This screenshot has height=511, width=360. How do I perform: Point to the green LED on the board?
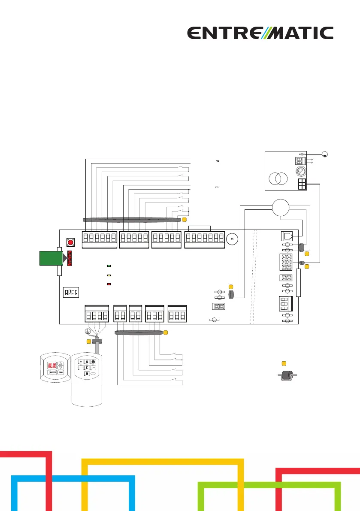click(x=109, y=266)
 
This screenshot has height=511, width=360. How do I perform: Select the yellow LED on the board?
click(x=109, y=275)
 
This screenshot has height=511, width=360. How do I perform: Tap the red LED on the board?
click(x=109, y=284)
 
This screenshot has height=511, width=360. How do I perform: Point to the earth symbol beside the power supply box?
click(x=328, y=154)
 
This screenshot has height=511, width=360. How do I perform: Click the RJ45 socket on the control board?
click(x=287, y=236)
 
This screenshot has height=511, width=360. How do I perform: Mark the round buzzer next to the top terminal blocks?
click(x=232, y=239)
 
